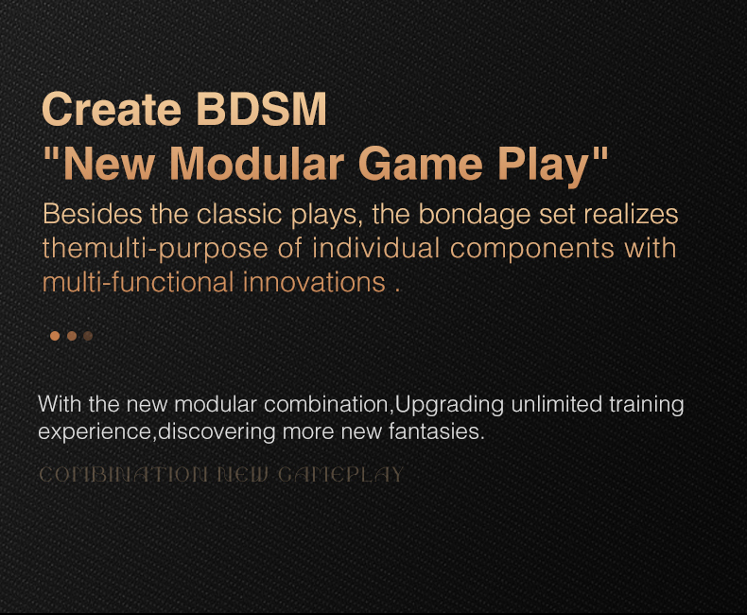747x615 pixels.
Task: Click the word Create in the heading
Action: pos(112,109)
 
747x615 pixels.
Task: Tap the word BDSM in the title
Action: pos(261,109)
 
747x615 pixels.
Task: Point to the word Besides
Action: pos(93,214)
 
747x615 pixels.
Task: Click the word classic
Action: pos(239,214)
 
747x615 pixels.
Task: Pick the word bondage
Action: pos(475,215)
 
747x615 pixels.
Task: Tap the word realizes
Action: pos(632,214)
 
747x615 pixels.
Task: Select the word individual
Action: pos(376,248)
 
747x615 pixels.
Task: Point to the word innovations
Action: pos(315,282)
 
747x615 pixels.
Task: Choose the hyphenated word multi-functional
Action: pos(138,282)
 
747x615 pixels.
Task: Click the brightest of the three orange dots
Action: pos(55,336)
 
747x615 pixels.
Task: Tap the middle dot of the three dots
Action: pos(72,336)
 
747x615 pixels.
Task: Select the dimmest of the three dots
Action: pos(88,336)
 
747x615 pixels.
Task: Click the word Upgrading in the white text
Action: pos(449,405)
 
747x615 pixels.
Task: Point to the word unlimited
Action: pos(556,404)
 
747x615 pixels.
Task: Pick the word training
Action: pos(647,405)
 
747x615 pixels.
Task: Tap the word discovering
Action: pos(217,432)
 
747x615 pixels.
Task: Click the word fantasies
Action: pos(437,431)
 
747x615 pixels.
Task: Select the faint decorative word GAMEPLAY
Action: pos(340,475)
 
